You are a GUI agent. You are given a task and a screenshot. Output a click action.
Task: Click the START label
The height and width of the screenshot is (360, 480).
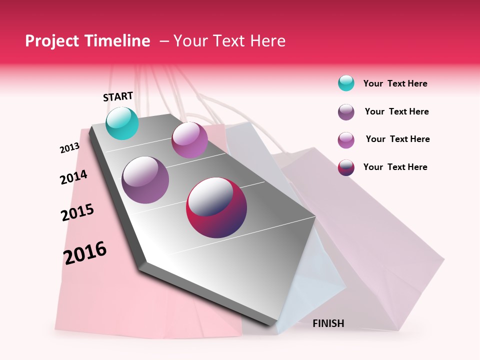pos(118,96)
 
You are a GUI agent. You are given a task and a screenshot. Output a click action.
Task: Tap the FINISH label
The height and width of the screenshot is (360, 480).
pos(328,323)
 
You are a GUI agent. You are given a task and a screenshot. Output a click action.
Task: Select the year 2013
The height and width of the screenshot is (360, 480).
pos(69,148)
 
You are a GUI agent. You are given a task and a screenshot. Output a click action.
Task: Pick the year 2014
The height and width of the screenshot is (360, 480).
pos(73,177)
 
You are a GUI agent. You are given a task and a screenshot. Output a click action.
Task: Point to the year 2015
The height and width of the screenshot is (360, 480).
pos(77,212)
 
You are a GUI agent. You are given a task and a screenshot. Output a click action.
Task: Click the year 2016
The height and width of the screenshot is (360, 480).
pos(85,253)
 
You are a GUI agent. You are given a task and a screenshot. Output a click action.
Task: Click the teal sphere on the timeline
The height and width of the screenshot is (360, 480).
pos(122,123)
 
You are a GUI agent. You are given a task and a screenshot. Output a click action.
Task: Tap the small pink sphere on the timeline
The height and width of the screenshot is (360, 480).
pos(189,139)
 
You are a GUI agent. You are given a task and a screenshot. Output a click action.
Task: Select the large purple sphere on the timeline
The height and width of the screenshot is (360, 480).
pos(145,179)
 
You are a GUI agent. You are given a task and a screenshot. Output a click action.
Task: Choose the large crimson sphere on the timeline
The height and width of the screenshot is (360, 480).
pos(216,207)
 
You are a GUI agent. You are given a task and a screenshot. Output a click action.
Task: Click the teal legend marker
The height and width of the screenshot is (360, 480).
pos(346,83)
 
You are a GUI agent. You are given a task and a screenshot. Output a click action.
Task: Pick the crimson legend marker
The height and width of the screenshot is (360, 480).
pos(346,167)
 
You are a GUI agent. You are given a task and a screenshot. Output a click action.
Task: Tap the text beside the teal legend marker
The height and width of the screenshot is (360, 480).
pos(395,83)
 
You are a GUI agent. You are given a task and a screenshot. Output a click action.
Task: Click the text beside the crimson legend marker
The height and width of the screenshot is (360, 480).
pos(395,167)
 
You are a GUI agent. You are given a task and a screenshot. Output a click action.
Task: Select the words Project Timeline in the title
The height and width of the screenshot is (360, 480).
pos(87,41)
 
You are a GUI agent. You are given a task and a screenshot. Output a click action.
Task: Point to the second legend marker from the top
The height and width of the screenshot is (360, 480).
pos(346,112)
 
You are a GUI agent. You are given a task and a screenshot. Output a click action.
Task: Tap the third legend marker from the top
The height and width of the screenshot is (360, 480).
pos(346,140)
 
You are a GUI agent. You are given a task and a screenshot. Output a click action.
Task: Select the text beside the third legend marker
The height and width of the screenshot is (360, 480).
pos(397,139)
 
